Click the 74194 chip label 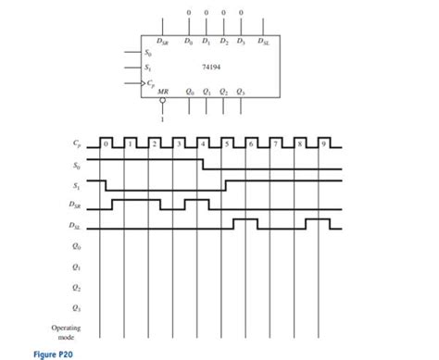click(212, 67)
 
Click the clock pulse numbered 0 click(107, 144)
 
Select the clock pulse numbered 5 click(227, 144)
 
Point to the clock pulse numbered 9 click(323, 144)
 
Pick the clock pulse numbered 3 click(179, 144)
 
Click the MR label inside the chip click(164, 93)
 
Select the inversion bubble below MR click(164, 104)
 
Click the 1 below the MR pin click(164, 118)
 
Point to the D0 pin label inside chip click(189, 40)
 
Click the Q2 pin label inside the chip click(225, 93)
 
